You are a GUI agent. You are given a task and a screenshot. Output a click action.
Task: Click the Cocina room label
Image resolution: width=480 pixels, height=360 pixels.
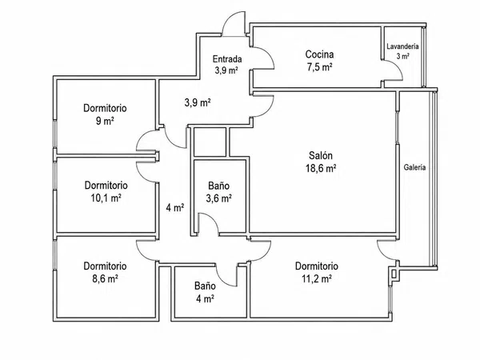coord(319,54)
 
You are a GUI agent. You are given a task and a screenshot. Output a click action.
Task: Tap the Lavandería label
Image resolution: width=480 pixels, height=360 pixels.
coord(402,46)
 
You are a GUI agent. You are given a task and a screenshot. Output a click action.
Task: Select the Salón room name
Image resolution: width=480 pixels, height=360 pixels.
coord(321,155)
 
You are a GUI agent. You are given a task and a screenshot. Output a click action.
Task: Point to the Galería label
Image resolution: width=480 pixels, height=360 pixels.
coord(414,167)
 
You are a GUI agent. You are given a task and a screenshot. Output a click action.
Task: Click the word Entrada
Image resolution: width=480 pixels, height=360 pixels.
coord(227,58)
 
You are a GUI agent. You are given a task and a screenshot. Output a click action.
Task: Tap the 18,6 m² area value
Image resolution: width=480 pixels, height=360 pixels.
coord(321,168)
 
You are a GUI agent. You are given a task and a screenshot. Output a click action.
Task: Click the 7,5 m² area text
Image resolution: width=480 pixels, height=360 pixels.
coord(320,66)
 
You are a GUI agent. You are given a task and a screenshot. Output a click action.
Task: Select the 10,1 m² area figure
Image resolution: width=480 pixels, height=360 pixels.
coord(106,198)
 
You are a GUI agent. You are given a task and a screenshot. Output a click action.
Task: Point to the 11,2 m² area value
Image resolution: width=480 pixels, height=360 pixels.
coord(317,278)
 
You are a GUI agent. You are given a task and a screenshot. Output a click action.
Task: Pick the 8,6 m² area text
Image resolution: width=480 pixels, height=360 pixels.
coord(106,278)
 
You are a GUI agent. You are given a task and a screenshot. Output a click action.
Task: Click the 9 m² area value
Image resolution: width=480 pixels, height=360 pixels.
coord(105,121)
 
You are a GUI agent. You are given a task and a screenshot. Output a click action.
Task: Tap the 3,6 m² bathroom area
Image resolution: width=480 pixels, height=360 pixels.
coord(218,198)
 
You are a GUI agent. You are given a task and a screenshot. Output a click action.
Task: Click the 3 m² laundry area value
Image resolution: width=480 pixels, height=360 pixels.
coord(403,56)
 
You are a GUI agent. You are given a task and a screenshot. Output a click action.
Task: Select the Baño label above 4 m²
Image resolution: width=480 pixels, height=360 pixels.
coord(205,286)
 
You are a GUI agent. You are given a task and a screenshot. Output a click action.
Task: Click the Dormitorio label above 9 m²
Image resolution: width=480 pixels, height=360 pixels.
coord(105,108)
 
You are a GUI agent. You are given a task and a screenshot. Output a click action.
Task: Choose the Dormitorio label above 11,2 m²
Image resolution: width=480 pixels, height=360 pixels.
coord(317,266)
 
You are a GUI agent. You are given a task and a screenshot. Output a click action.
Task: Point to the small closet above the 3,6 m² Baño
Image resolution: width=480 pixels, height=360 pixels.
coord(210,142)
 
